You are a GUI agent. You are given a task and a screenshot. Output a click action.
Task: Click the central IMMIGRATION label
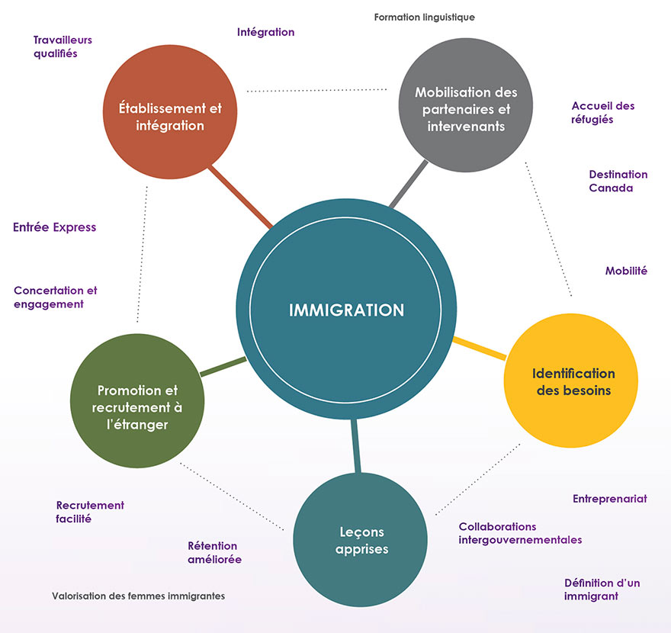click(346, 310)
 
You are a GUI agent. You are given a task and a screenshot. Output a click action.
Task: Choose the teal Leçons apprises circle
click(361, 540)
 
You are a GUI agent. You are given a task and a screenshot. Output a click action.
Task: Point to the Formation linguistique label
click(425, 17)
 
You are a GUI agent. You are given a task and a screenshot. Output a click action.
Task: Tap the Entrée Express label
click(55, 227)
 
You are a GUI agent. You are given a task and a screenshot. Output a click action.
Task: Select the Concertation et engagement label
click(56, 297)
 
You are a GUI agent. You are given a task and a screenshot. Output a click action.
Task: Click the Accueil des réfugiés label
click(602, 113)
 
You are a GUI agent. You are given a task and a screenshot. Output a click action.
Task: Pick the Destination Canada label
click(618, 182)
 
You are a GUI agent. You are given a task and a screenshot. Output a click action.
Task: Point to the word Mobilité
click(626, 271)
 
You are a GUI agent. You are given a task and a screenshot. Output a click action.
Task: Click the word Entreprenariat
click(609, 499)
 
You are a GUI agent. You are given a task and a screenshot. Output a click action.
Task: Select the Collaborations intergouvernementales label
click(520, 534)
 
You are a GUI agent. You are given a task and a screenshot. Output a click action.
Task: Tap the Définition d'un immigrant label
click(602, 590)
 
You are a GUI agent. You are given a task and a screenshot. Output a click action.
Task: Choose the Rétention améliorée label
click(214, 553)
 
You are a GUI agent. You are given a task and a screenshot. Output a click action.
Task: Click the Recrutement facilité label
click(90, 512)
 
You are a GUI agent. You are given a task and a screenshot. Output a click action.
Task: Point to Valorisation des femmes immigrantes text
click(138, 596)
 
